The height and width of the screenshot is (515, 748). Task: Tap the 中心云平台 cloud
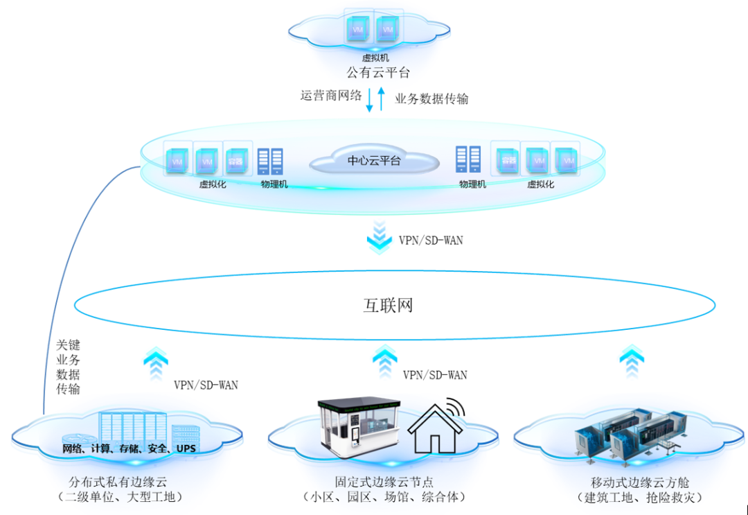[374, 161]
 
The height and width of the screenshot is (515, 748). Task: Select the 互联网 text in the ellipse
[388, 305]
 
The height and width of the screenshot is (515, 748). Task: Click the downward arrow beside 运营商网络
[370, 100]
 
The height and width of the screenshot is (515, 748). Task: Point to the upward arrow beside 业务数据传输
[380, 98]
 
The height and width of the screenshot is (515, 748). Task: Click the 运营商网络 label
[331, 96]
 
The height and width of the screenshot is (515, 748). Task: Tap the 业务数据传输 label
[431, 99]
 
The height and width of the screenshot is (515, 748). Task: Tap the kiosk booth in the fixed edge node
[357, 430]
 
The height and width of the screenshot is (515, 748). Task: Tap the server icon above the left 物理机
[270, 162]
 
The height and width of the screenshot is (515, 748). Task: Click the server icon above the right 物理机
[468, 159]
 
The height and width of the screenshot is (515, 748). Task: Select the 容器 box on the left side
[235, 160]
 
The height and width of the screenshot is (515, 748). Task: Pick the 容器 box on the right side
[508, 159]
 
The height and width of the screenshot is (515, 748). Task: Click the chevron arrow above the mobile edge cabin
[631, 360]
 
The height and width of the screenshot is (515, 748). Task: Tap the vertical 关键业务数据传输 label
[68, 367]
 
